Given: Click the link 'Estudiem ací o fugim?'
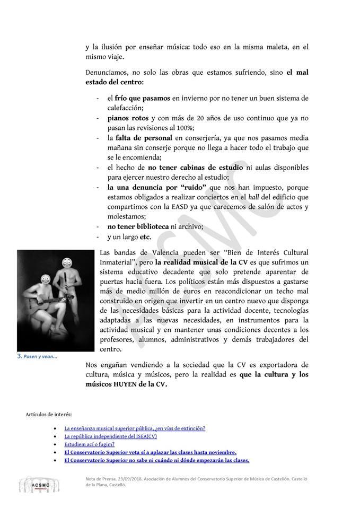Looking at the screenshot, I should click(x=89, y=444).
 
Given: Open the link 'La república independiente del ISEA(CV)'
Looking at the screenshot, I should click(x=110, y=436).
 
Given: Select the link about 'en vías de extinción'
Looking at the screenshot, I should click(x=135, y=428).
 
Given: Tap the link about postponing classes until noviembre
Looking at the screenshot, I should click(x=150, y=452).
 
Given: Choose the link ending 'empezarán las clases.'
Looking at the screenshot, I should click(x=156, y=461).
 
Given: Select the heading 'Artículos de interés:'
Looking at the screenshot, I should click(x=48, y=414).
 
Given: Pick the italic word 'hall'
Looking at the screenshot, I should click(x=253, y=197).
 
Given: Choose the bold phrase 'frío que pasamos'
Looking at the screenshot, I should click(x=142, y=99).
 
